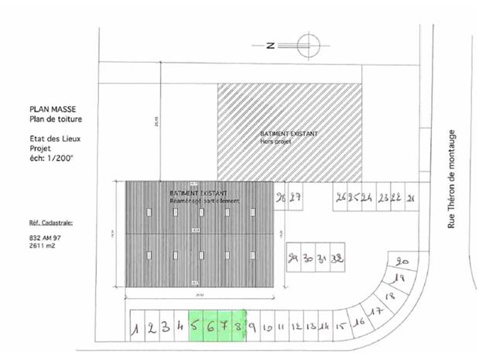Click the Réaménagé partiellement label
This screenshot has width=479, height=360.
(205, 201)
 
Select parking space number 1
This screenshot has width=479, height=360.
(136, 328)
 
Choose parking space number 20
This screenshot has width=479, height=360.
(402, 262)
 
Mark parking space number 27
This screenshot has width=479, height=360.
(295, 197)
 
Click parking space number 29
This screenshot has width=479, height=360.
(293, 258)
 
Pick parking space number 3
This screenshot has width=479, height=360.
(166, 327)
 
